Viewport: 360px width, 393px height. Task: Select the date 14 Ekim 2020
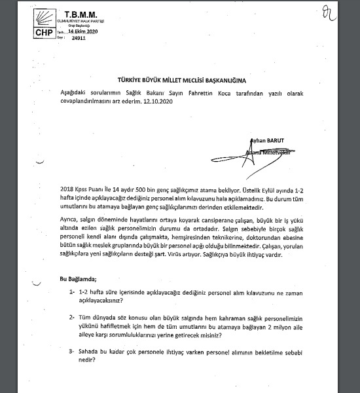coord(83,31)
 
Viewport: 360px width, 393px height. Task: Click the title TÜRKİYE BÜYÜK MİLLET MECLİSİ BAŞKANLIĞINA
coord(181,79)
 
